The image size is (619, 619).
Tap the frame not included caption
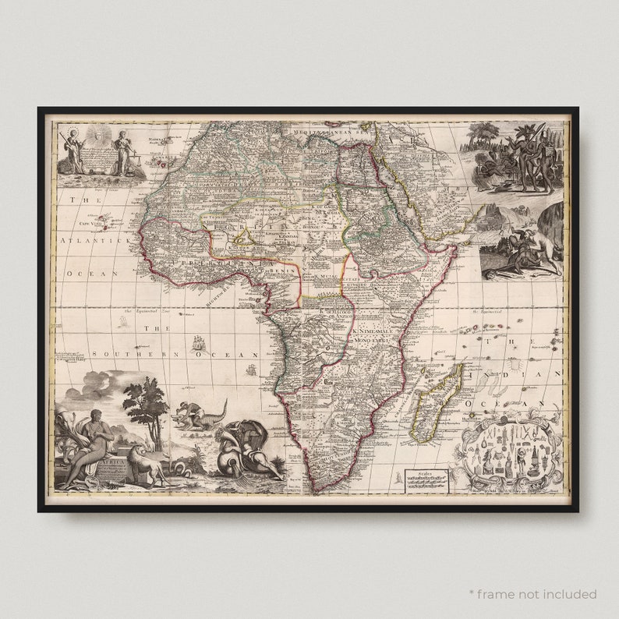(532, 594)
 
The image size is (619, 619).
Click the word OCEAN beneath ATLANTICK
(90, 274)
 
